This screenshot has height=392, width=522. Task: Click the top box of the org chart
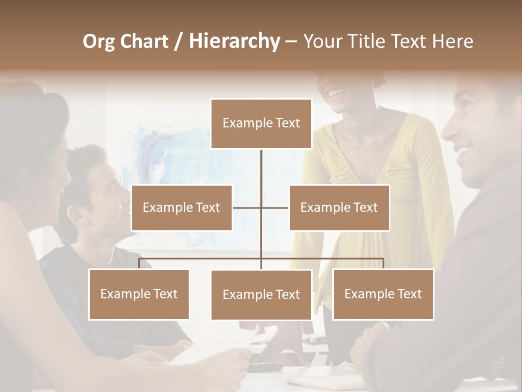[x=261, y=124]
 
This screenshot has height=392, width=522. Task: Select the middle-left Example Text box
[x=182, y=207]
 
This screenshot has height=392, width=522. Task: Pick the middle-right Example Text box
[x=339, y=207]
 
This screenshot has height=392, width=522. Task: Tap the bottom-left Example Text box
[x=139, y=294]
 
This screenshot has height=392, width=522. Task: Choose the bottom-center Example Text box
[x=261, y=295]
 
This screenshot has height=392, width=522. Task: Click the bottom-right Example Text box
[x=383, y=294]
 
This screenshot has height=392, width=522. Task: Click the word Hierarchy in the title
[x=234, y=41]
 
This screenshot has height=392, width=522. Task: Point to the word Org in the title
[x=98, y=41]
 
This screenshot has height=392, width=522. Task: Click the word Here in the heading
[x=453, y=41]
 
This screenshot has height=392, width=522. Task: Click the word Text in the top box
[x=287, y=123]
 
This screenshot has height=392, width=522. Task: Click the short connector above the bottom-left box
[x=139, y=264]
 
